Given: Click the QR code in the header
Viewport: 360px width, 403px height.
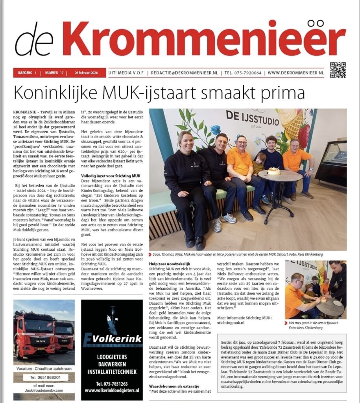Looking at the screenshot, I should pos(338,70).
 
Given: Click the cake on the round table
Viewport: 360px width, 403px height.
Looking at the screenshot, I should pos(274,171).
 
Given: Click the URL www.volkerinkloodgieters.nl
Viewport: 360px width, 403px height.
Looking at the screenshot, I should pos(112,391).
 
